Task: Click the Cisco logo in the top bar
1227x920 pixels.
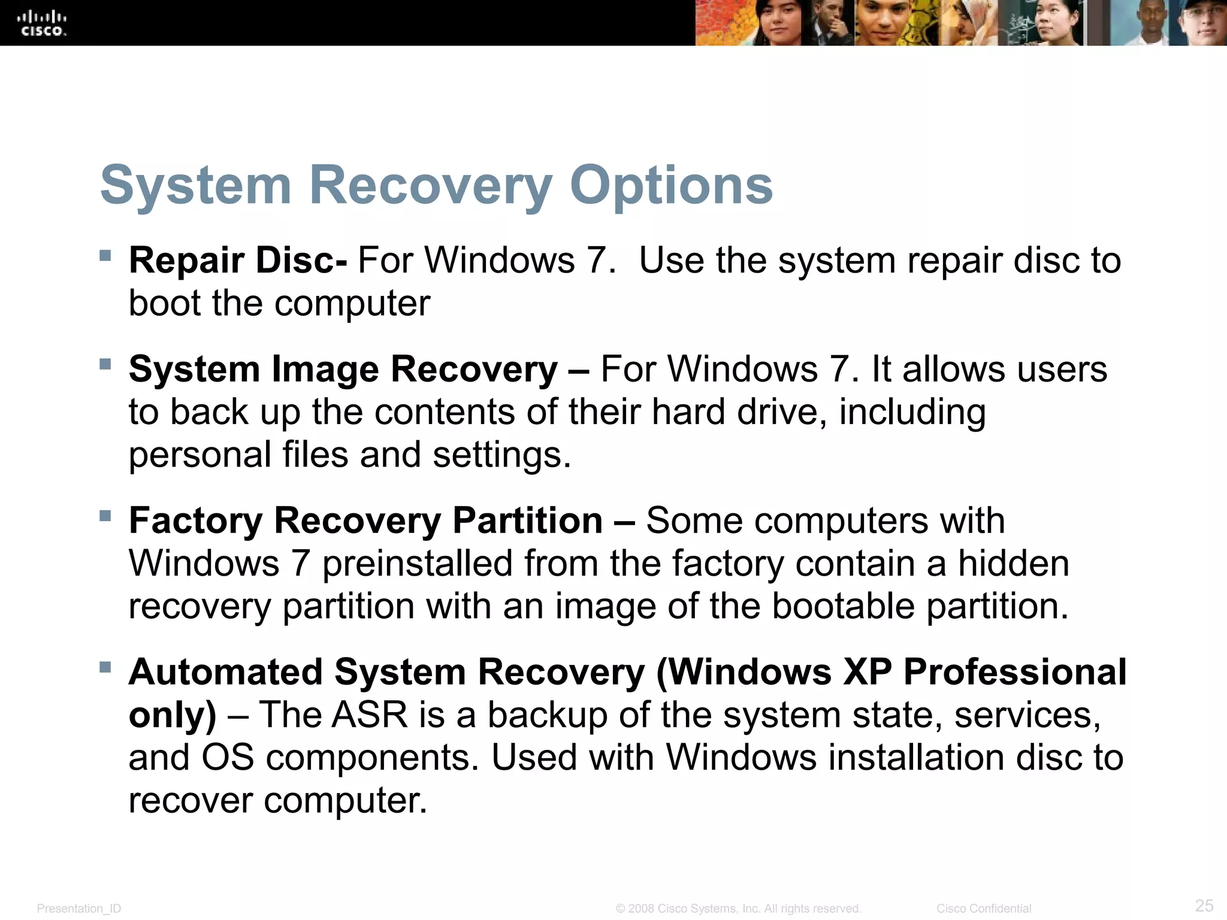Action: (x=42, y=23)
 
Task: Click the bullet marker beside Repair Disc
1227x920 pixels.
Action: (x=105, y=256)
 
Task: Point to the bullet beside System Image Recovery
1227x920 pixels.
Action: (x=105, y=364)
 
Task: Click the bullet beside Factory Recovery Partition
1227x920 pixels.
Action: (x=105, y=516)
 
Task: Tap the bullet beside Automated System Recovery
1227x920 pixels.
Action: (x=105, y=667)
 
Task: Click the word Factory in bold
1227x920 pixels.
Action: (x=195, y=520)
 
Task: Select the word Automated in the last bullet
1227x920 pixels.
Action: (x=225, y=671)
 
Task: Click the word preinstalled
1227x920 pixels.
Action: (x=417, y=564)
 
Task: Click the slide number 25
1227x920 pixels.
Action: (x=1204, y=905)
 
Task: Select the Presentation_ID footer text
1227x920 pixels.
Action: (x=78, y=909)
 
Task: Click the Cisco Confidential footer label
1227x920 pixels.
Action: (x=984, y=909)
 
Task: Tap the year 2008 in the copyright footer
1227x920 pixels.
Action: (x=640, y=909)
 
